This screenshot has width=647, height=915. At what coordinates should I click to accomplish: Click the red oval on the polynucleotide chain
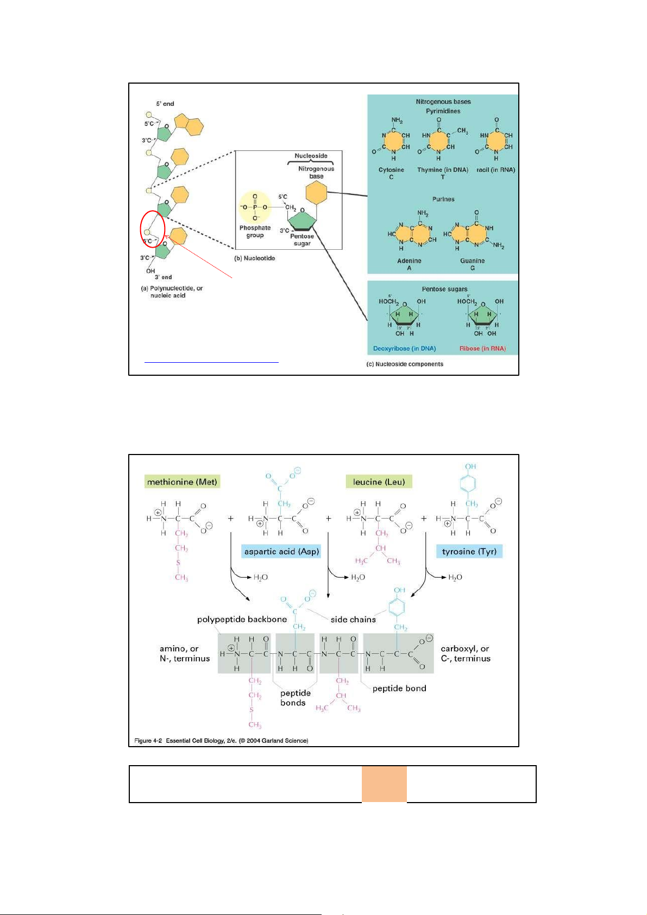pos(153,229)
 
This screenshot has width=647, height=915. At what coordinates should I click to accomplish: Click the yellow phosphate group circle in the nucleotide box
pos(255,207)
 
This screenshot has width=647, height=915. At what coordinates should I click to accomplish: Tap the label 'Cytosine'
pos(391,170)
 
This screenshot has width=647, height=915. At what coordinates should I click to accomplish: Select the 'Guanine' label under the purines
pos(472,261)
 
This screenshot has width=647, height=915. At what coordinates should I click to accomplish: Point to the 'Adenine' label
pos(409,261)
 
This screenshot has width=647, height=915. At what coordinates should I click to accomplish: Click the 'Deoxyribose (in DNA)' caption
pos(404,349)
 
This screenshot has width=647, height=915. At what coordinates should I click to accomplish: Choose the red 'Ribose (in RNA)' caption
pos(482,349)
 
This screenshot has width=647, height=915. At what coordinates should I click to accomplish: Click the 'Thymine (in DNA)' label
pos(442,170)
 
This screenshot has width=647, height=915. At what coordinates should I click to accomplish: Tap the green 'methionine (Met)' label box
pos(182,482)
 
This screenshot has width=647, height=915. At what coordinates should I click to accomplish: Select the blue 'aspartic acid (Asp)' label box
pos(281,552)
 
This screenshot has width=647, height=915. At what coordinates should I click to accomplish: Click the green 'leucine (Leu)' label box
pos(379,482)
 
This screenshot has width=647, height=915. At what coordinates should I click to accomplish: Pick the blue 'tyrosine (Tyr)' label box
pos(469,552)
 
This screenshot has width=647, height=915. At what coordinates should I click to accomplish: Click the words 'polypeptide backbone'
pos(242,620)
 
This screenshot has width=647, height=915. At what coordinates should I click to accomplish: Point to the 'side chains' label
pos(353,620)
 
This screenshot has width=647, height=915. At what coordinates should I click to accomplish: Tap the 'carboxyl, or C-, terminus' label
pos(466,654)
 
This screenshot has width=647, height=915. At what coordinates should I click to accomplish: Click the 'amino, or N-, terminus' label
pos(184,654)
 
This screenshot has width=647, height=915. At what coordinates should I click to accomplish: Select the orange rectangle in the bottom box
pos(384,784)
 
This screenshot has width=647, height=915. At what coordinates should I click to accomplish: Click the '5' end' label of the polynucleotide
pos(165,104)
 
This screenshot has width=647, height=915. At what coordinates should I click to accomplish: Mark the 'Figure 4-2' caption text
pos(221,741)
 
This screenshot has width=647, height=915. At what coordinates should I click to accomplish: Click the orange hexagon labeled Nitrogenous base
pos(316,193)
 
